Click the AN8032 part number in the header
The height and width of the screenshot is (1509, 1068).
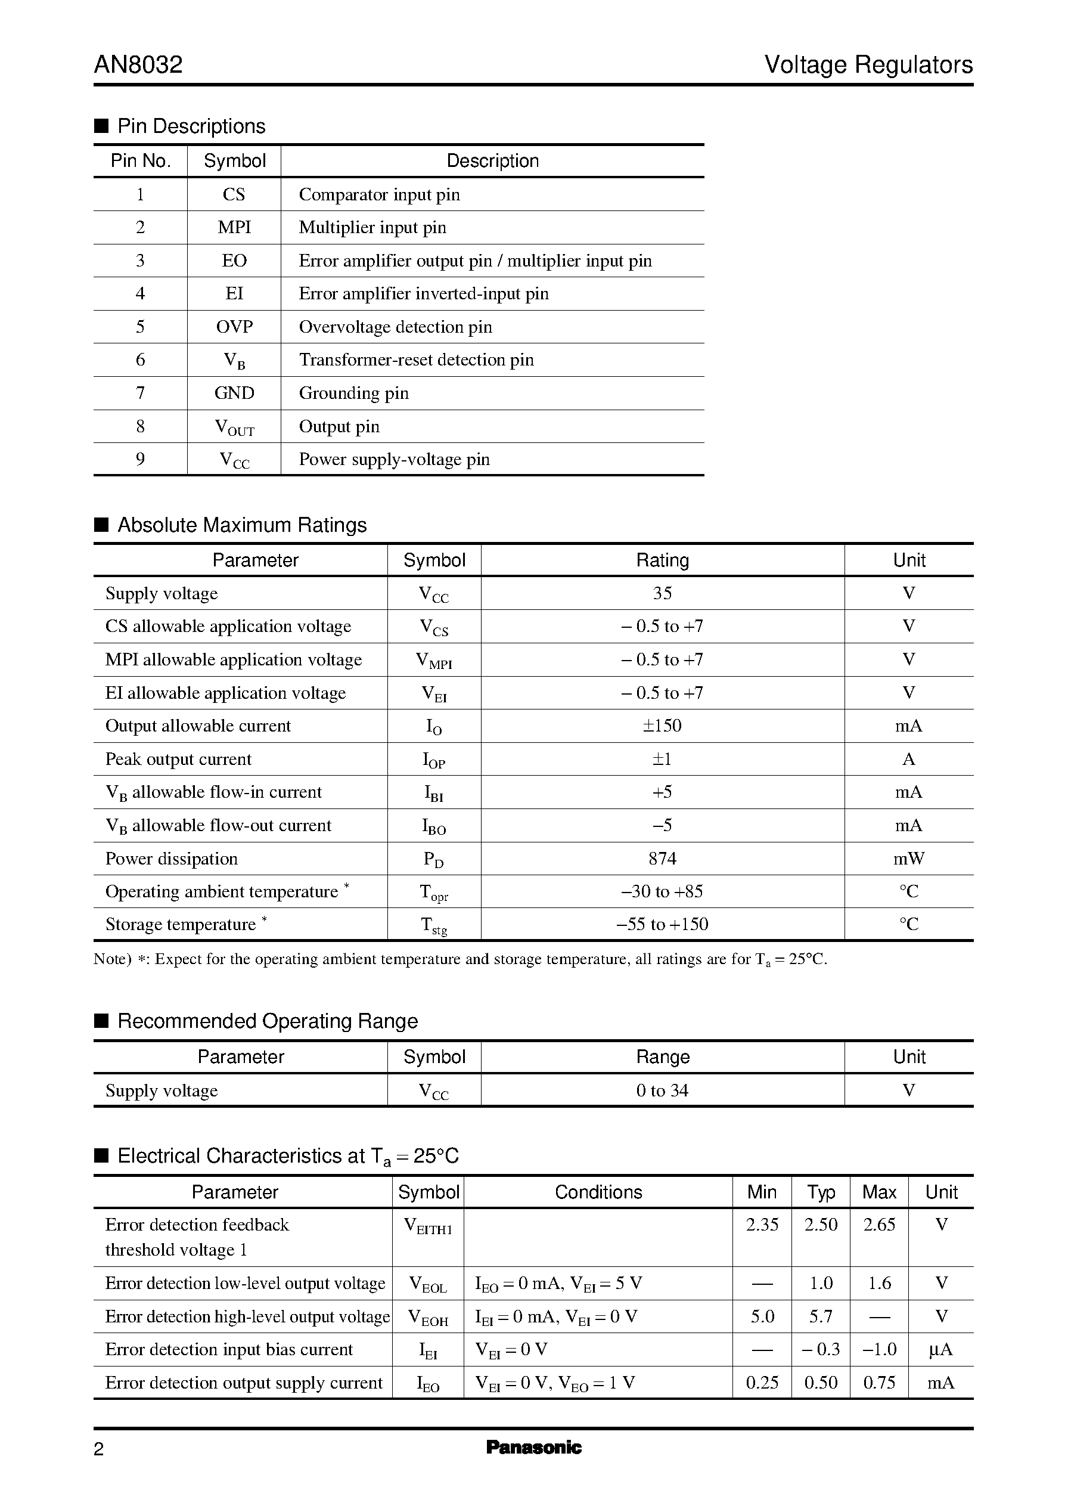138,65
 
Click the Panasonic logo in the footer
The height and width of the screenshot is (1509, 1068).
533,1447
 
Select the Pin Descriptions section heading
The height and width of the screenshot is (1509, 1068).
191,126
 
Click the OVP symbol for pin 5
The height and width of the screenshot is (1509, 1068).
234,327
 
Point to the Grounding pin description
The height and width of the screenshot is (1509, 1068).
354,393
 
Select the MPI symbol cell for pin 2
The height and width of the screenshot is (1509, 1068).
234,228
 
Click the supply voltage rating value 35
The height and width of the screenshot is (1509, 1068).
662,593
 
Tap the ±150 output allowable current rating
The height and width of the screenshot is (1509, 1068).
662,726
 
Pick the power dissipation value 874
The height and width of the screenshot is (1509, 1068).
662,859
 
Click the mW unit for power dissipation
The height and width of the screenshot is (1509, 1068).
908,859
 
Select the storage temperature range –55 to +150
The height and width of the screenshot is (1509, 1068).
662,924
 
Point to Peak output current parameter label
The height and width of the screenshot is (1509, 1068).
178,759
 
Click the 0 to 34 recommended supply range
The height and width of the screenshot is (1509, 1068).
662,1090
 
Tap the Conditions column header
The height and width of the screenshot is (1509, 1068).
598,1192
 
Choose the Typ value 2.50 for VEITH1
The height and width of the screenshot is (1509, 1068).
821,1225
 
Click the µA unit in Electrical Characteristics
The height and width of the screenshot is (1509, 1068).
940,1350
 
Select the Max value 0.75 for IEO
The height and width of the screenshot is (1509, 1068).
879,1383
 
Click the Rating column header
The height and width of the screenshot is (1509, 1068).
662,560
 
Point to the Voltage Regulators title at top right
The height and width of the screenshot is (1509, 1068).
868,65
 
